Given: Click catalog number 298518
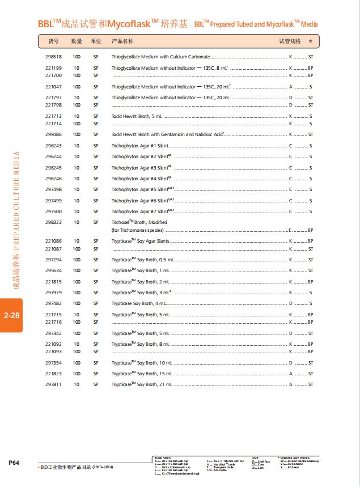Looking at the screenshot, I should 53,57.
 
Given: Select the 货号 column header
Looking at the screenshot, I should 53,41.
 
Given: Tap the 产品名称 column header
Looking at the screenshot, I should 122,41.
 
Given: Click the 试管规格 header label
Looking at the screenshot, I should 290,41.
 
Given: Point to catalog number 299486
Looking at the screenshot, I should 53,134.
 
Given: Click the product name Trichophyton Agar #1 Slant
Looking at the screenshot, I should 135,146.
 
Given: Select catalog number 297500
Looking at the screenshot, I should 53,211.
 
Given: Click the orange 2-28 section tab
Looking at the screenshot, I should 11,315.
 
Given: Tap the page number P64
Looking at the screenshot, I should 14,463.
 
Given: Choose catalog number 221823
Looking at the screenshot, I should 53,374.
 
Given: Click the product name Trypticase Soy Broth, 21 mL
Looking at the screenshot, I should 141,385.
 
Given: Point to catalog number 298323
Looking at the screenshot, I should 53,222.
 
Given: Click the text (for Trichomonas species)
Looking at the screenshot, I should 137,230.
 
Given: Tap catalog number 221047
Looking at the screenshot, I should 53,87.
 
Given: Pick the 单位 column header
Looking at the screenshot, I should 96,41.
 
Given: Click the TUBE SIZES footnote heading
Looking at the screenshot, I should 162,457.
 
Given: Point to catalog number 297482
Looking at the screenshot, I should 53,303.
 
